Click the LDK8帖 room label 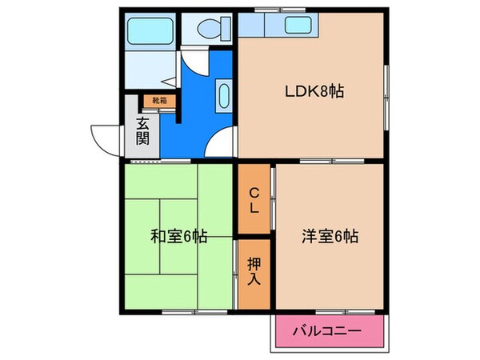click(x=314, y=91)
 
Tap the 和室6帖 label click(x=179, y=237)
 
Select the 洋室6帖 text click(x=329, y=237)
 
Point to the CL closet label click(x=253, y=199)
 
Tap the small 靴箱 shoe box click(x=158, y=101)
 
